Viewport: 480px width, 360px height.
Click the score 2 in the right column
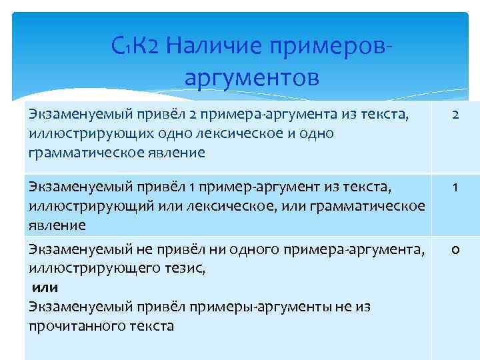(455, 115)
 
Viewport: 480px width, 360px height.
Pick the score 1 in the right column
(455, 188)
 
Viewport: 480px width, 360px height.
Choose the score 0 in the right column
(455, 250)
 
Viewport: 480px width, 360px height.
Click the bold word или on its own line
(45, 287)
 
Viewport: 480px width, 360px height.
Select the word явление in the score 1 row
(57, 225)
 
